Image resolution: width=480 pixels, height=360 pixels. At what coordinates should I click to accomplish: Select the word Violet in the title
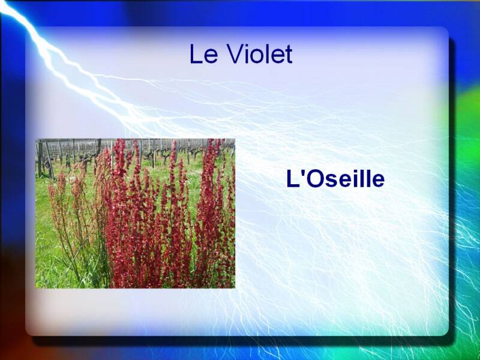pos(260,53)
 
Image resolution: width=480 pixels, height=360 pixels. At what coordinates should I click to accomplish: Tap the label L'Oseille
pos(335,179)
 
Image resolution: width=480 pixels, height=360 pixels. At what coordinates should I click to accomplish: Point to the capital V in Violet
pos(235,54)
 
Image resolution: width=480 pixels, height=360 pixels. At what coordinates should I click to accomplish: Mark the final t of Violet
pos(289,55)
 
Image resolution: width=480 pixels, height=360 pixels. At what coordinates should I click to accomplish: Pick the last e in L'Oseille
pos(378,181)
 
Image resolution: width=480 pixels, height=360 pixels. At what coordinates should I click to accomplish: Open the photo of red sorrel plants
pos(135,214)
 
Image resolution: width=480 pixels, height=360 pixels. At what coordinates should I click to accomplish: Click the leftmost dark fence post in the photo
pos(40,158)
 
